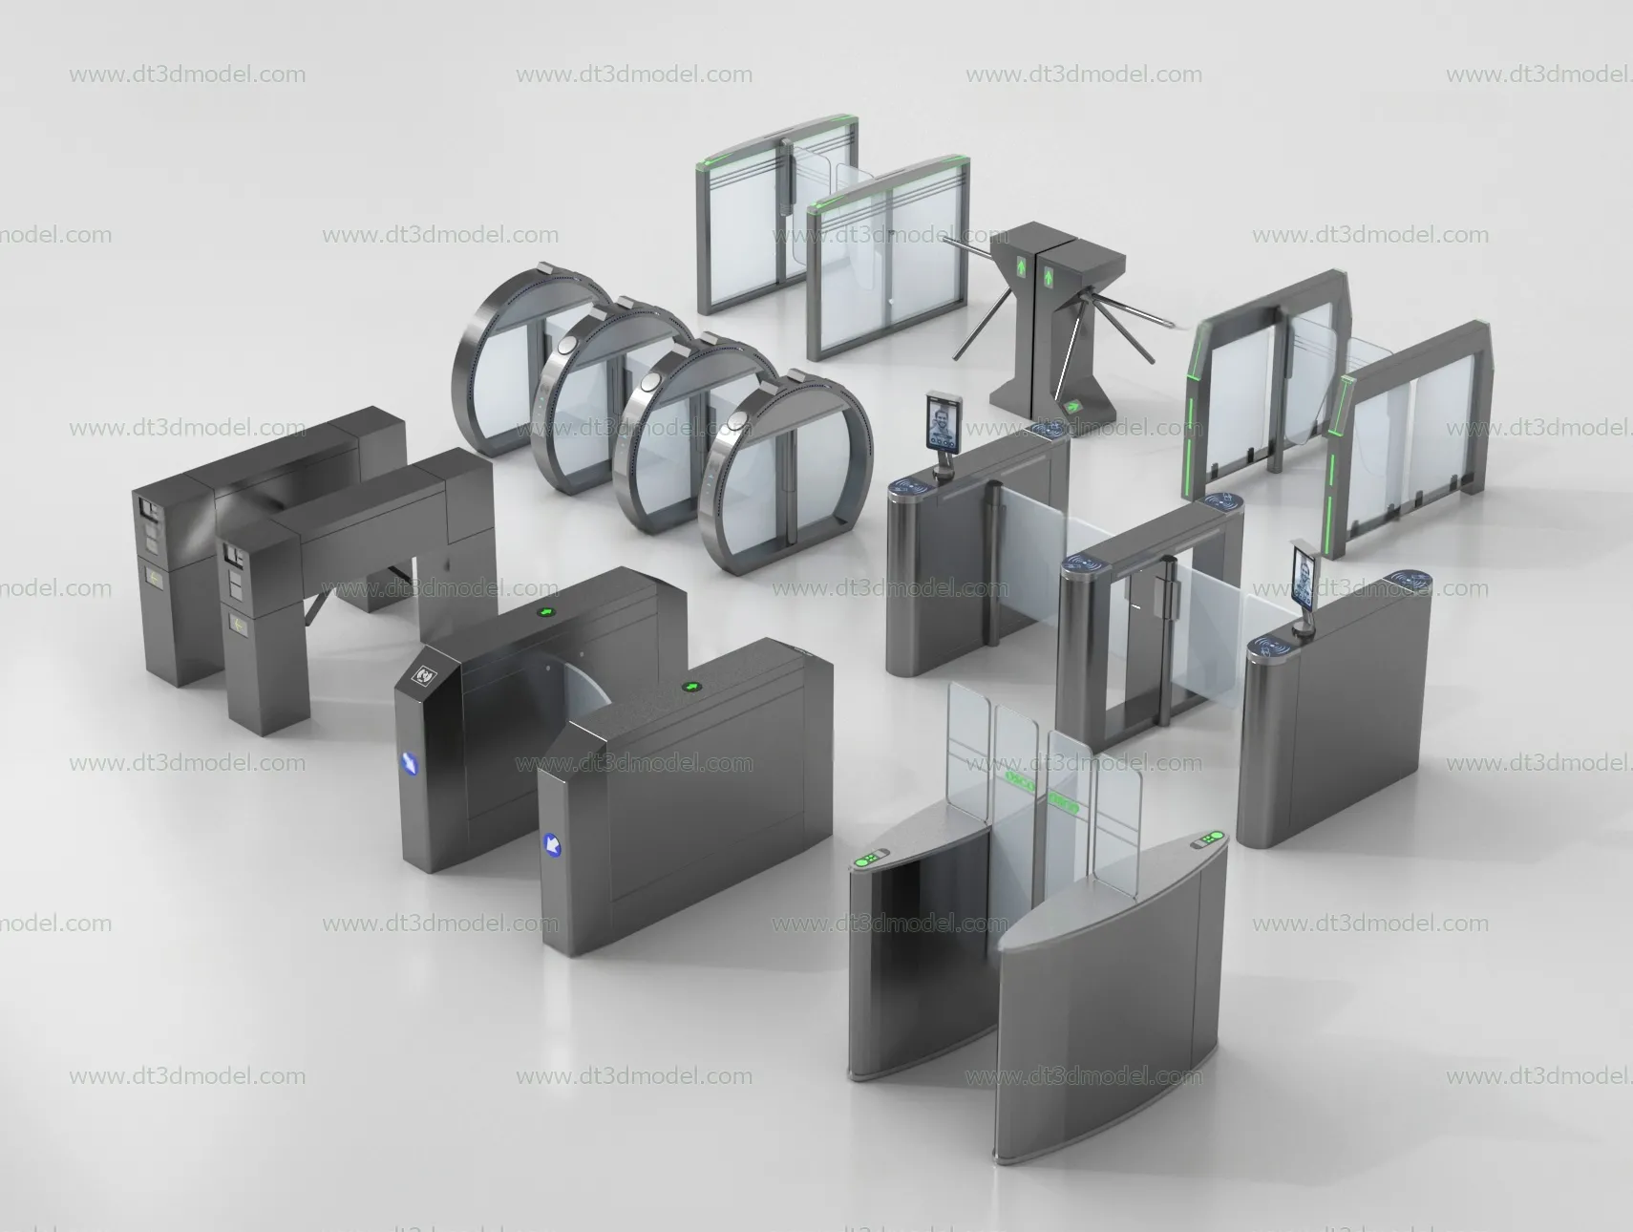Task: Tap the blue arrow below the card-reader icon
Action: (409, 764)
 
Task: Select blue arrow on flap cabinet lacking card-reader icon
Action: (551, 843)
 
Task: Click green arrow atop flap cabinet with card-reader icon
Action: (547, 612)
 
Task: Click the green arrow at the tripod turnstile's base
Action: (1073, 406)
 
